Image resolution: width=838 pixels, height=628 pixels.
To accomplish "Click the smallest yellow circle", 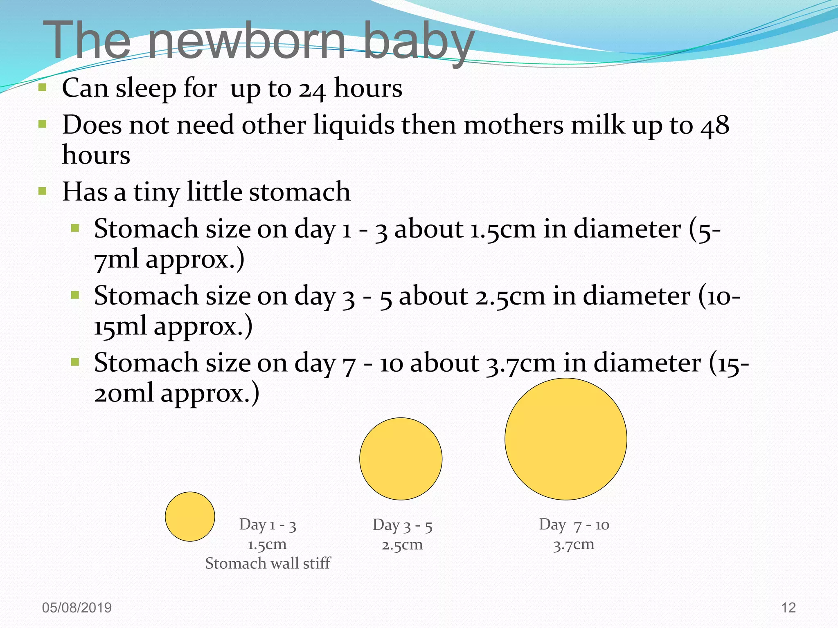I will click(x=190, y=516).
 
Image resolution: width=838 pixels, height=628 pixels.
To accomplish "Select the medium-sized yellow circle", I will click(x=401, y=459).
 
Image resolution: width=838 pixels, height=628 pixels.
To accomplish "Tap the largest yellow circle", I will click(x=565, y=439).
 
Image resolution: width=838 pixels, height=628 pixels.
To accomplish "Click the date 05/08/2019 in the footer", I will click(x=77, y=608).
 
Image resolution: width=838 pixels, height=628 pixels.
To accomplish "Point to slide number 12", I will click(x=788, y=608).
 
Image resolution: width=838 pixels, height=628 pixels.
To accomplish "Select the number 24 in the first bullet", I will click(x=312, y=89).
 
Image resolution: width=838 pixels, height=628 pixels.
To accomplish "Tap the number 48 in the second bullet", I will click(x=715, y=125).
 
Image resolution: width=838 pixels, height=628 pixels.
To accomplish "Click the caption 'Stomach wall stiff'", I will click(x=268, y=563).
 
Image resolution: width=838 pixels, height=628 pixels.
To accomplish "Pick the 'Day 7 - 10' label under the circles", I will click(x=574, y=525).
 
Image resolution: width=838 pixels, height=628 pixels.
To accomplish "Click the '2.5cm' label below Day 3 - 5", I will click(x=402, y=545).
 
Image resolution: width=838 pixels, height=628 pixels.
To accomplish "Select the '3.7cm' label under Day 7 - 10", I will click(x=574, y=545).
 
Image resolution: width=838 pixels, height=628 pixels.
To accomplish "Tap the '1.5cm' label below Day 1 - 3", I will click(x=267, y=545).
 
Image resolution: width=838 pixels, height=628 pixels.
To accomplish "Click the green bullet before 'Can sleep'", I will click(x=43, y=87).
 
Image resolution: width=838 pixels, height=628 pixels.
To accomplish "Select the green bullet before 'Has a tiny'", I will click(x=43, y=191).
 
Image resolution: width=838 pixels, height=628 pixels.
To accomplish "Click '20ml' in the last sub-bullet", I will click(x=124, y=393).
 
